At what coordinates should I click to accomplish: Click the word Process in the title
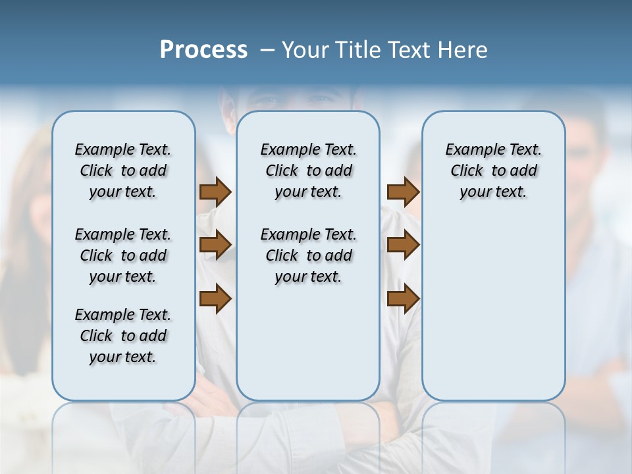(x=203, y=50)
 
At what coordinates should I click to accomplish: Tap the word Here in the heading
(x=463, y=50)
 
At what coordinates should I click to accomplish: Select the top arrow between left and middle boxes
(x=215, y=192)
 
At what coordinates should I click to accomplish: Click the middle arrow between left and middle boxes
(x=215, y=246)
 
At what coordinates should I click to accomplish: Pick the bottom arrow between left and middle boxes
(x=215, y=300)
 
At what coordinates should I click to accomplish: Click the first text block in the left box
(x=123, y=171)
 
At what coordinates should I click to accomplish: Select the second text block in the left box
(x=123, y=255)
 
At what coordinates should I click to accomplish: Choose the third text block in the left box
(x=123, y=336)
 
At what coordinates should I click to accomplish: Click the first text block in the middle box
(x=308, y=171)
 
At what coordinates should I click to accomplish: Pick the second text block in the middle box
(x=308, y=255)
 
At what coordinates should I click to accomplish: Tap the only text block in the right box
(x=493, y=171)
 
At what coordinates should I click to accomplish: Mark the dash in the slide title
(x=266, y=50)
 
